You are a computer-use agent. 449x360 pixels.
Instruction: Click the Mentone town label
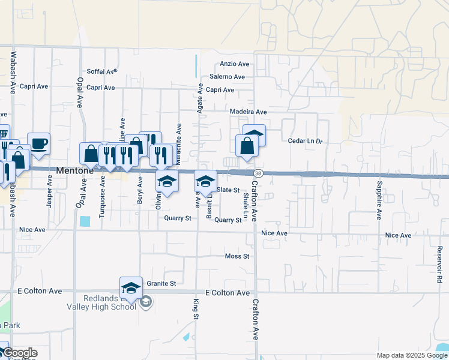[74, 170]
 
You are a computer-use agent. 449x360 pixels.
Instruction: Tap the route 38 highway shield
[256, 173]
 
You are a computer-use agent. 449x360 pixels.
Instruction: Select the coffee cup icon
[39, 143]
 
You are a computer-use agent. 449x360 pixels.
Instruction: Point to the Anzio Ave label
[234, 64]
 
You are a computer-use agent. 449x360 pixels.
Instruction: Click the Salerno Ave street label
[227, 77]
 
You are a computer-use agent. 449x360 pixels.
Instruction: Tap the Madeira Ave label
[248, 112]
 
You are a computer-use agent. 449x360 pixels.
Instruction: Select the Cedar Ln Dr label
[306, 141]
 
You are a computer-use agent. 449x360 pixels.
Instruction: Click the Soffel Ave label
[101, 71]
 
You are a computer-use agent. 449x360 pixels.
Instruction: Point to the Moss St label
[237, 256]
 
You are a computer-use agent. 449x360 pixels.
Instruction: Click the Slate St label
[228, 190]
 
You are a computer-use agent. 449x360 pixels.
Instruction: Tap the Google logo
[20, 353]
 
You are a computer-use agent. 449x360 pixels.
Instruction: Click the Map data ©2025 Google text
[411, 355]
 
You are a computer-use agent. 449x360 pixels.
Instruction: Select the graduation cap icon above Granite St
[131, 287]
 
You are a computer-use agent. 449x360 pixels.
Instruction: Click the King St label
[196, 308]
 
